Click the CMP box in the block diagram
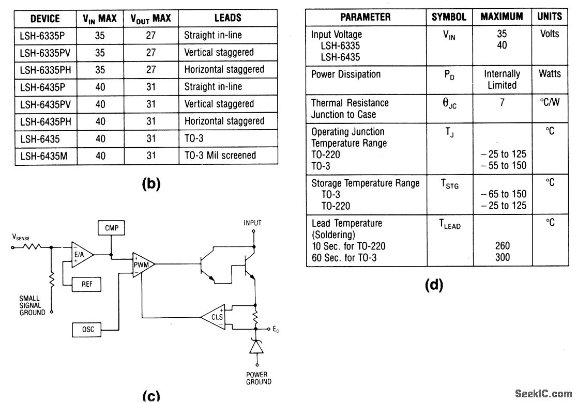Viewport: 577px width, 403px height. (x=112, y=228)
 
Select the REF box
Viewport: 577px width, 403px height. (x=86, y=284)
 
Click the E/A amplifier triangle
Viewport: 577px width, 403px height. (x=82, y=255)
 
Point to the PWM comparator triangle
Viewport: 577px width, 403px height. (x=143, y=265)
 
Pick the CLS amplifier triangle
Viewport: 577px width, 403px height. (x=214, y=317)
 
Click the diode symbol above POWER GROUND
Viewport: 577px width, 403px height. (x=256, y=346)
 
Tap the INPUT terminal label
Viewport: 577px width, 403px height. (x=252, y=223)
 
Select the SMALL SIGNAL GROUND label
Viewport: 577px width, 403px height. (x=32, y=305)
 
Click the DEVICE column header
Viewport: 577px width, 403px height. (x=45, y=19)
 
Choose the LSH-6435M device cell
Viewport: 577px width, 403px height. (x=44, y=156)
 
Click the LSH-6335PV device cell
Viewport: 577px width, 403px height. (x=45, y=53)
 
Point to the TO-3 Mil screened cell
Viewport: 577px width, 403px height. (x=220, y=156)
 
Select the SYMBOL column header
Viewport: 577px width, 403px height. (x=449, y=17)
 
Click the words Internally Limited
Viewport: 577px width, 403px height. (x=502, y=80)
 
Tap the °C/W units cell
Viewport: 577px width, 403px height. (x=550, y=102)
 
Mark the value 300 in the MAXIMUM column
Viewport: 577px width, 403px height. (x=503, y=257)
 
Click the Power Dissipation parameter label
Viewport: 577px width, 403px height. (x=346, y=74)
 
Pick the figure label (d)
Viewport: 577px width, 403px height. (x=434, y=285)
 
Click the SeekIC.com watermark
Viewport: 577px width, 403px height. (x=543, y=394)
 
